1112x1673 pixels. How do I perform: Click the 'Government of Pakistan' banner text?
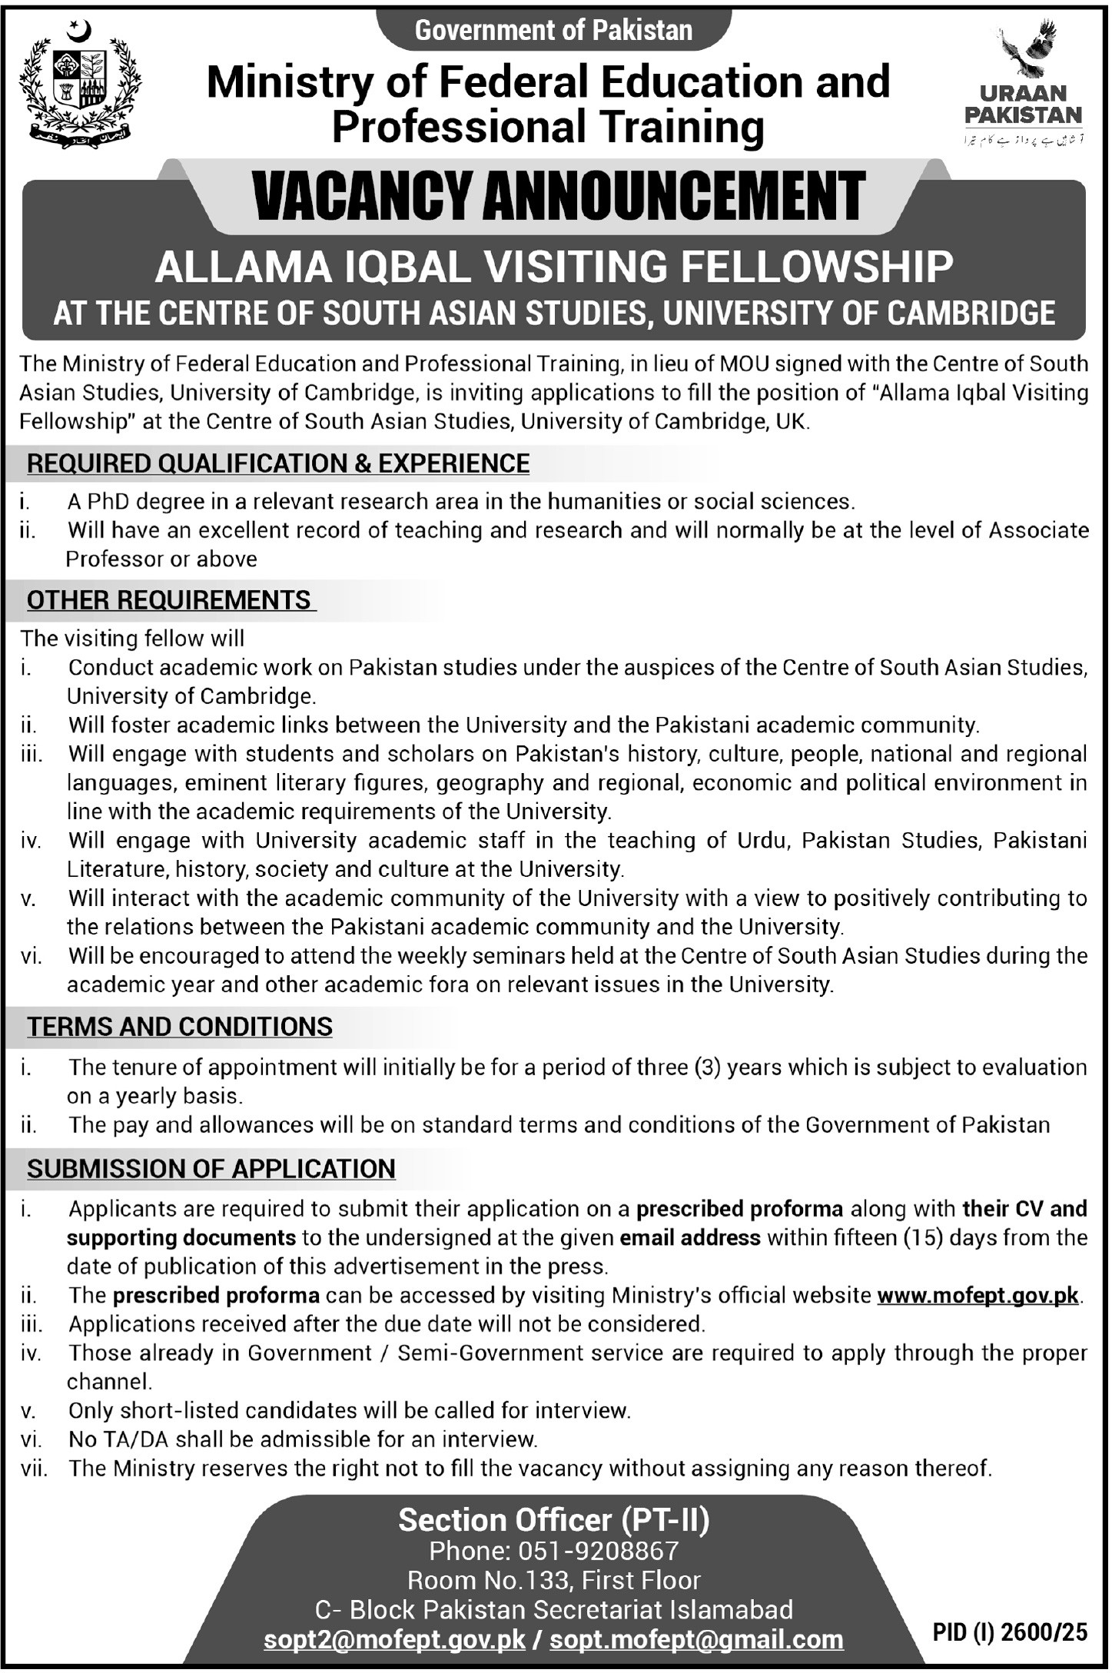(x=553, y=30)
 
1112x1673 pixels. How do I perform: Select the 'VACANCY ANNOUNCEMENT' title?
(x=559, y=198)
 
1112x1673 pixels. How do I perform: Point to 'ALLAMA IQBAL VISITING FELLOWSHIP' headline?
(x=553, y=267)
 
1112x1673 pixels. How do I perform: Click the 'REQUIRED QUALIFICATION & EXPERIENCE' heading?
(x=278, y=463)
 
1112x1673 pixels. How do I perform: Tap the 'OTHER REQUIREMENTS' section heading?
(x=169, y=599)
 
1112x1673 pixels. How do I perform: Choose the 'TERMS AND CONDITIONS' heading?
(x=180, y=1026)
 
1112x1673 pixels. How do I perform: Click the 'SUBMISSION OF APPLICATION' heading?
(x=211, y=1168)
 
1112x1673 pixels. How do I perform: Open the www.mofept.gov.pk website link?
(x=978, y=1295)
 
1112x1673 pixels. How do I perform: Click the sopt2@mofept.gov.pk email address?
(x=394, y=1639)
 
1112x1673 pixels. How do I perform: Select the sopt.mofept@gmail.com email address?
(x=696, y=1639)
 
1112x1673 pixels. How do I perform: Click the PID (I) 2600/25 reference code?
(x=1011, y=1632)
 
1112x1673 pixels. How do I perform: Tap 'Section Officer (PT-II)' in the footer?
(x=553, y=1519)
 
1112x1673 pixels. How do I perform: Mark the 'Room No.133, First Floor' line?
(x=553, y=1580)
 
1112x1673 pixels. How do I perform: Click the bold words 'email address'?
(x=689, y=1237)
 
